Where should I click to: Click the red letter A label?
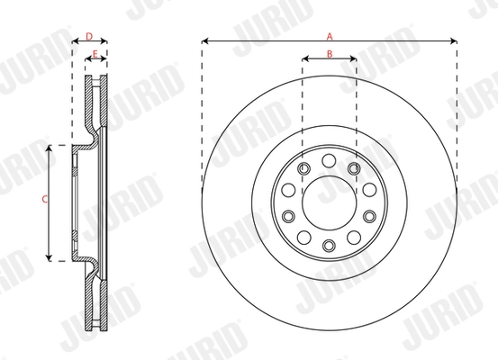(330, 37)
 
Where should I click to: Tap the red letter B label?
(330, 54)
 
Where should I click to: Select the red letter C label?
(45, 200)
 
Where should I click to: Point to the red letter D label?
(89, 37)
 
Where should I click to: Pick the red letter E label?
(95, 54)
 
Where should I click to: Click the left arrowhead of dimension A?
(204, 41)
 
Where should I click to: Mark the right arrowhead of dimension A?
(454, 41)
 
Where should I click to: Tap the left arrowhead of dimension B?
(305, 58)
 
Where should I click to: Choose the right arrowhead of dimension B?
(353, 58)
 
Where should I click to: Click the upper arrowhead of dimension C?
(49, 148)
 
